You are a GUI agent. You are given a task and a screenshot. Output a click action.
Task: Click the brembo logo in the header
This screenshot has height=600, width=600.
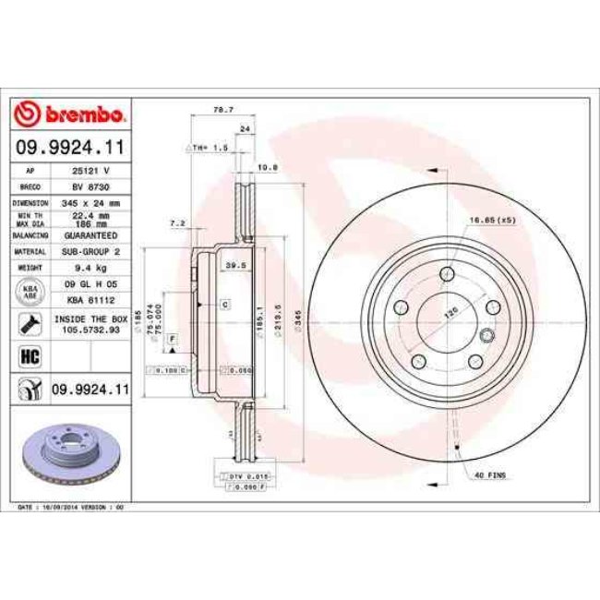[x=70, y=114]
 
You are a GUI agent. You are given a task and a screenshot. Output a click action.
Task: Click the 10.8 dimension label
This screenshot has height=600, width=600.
[x=267, y=167]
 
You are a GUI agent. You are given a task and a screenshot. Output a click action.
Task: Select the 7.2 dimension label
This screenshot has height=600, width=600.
[x=177, y=222]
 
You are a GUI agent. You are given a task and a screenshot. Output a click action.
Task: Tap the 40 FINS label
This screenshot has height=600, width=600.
[x=488, y=474]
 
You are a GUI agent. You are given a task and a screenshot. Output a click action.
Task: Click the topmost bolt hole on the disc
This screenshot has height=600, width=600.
[x=447, y=272]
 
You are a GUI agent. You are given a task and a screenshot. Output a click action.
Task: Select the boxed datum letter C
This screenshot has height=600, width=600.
[x=224, y=304]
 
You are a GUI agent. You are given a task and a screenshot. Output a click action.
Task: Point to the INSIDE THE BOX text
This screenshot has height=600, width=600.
[x=91, y=317]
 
